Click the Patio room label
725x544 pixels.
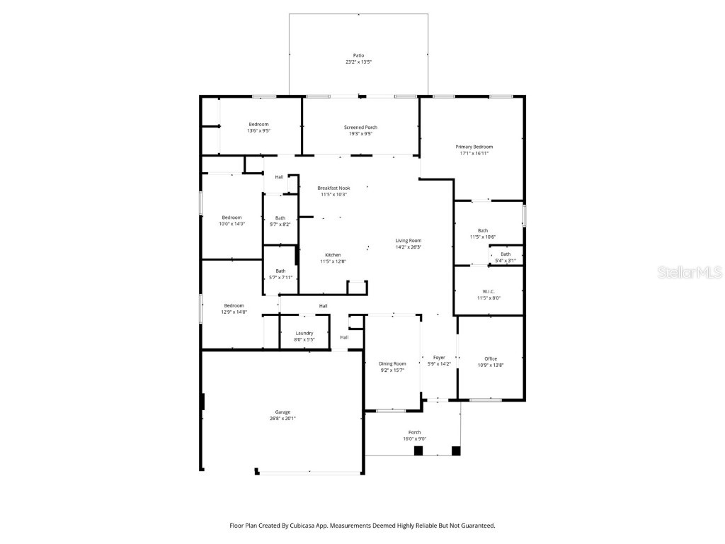pos(358,55)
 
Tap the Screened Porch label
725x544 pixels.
pos(360,127)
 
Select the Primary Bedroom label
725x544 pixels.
pos(474,147)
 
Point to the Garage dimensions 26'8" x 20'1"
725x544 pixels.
pos(282,419)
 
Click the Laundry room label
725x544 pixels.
pos(304,333)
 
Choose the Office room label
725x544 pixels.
pos(491,359)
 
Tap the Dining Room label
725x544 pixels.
pos(392,363)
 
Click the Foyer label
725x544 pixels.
pos(439,358)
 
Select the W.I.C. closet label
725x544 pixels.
pos(488,291)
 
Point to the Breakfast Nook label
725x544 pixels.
pos(333,188)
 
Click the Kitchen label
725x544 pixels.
pos(333,255)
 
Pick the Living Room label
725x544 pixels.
pos(409,241)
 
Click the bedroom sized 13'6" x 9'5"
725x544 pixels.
pos(258,127)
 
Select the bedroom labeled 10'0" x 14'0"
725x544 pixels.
pos(232,221)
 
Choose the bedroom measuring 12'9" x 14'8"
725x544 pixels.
pos(235,308)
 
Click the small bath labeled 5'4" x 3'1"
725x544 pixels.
pos(506,257)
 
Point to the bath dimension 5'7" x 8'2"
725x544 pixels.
pos(280,225)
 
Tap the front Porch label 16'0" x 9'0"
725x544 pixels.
pos(414,436)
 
